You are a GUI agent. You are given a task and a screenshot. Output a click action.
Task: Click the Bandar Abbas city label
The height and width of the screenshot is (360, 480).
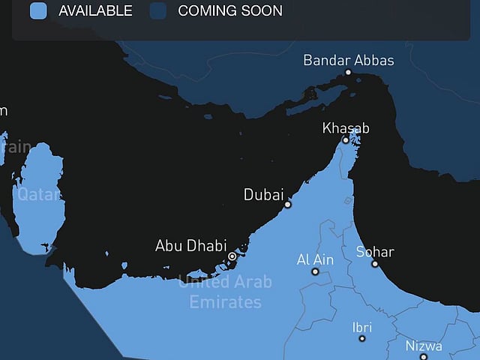(x=348, y=60)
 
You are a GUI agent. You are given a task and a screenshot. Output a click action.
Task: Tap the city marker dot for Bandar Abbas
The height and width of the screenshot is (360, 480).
(x=348, y=72)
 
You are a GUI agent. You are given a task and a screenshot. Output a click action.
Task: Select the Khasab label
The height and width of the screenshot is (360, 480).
(x=346, y=128)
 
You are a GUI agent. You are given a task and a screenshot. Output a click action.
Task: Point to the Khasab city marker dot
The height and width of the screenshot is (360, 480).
(x=346, y=139)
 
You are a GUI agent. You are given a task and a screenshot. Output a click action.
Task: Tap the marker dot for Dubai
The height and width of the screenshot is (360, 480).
(x=287, y=204)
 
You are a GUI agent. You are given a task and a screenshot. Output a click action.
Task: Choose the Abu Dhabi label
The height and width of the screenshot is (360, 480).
(x=190, y=245)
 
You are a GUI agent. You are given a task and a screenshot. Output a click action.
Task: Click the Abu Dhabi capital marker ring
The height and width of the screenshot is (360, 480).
(x=232, y=256)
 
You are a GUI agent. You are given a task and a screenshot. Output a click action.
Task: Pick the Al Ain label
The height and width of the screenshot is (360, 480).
(x=315, y=259)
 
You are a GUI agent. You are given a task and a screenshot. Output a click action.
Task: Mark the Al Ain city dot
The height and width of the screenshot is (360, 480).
(x=316, y=273)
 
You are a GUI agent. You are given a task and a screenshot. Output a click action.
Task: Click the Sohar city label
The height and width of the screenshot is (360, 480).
(x=375, y=252)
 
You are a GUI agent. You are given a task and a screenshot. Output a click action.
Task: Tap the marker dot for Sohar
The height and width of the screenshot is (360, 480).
(x=375, y=264)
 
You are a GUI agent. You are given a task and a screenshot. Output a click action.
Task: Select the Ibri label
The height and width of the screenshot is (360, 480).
(x=361, y=327)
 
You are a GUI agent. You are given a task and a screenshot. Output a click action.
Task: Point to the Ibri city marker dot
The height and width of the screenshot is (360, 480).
(x=362, y=339)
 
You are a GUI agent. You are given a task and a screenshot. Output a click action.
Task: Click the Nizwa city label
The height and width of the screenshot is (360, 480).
(x=424, y=346)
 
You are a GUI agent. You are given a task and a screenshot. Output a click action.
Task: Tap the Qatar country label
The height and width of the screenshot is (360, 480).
(x=37, y=194)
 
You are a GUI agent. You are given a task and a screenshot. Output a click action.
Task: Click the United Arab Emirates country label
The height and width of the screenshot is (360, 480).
(x=225, y=292)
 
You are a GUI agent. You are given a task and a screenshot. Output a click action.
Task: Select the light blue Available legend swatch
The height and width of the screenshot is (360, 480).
(x=38, y=10)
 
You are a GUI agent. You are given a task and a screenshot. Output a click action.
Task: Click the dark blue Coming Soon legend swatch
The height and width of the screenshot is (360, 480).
(x=157, y=10)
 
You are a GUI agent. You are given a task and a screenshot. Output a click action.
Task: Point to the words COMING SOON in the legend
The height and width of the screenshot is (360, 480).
(x=230, y=10)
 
